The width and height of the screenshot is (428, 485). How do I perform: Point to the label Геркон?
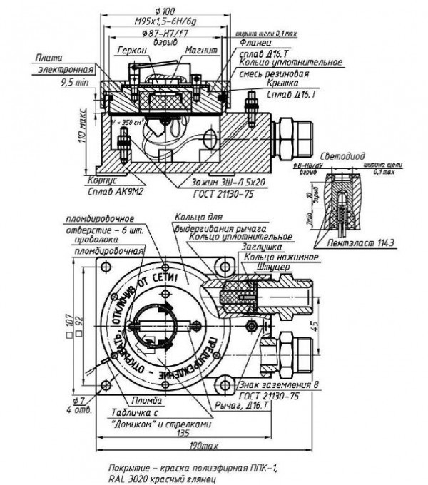pos(131,52)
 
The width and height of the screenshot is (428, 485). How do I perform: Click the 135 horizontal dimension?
pos(183,432)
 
